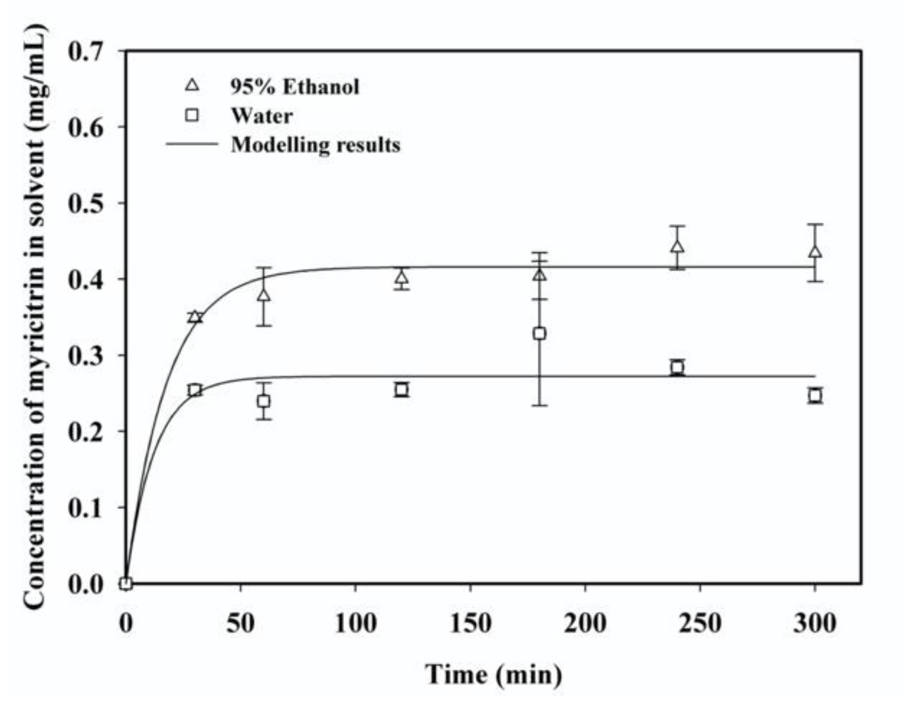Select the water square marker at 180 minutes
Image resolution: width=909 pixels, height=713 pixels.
pyautogui.click(x=539, y=333)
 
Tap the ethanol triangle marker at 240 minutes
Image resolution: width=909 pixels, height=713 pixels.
pyautogui.click(x=677, y=247)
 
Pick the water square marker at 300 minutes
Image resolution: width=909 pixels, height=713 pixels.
pyautogui.click(x=815, y=396)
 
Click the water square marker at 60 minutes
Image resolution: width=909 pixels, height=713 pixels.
pyautogui.click(x=264, y=401)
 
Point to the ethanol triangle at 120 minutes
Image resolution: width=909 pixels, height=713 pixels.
pyautogui.click(x=402, y=277)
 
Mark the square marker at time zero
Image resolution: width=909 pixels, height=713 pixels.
pyautogui.click(x=126, y=583)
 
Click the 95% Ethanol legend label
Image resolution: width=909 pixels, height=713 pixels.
pyautogui.click(x=294, y=87)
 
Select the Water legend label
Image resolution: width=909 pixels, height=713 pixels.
pyautogui.click(x=262, y=116)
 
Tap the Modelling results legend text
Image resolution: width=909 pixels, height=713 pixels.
pyautogui.click(x=316, y=145)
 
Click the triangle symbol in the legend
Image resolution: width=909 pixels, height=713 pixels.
pyautogui.click(x=193, y=85)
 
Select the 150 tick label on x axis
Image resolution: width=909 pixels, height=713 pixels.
pyautogui.click(x=470, y=623)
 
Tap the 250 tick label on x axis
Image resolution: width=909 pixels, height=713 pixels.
pyautogui.click(x=700, y=623)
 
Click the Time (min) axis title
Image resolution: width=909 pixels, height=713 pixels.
pyautogui.click(x=494, y=675)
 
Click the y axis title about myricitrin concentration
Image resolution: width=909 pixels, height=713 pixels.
pyautogui.click(x=35, y=317)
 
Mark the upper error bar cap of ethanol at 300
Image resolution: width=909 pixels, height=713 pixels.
pyautogui.click(x=815, y=224)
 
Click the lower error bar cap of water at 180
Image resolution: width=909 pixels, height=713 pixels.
pyautogui.click(x=539, y=405)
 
